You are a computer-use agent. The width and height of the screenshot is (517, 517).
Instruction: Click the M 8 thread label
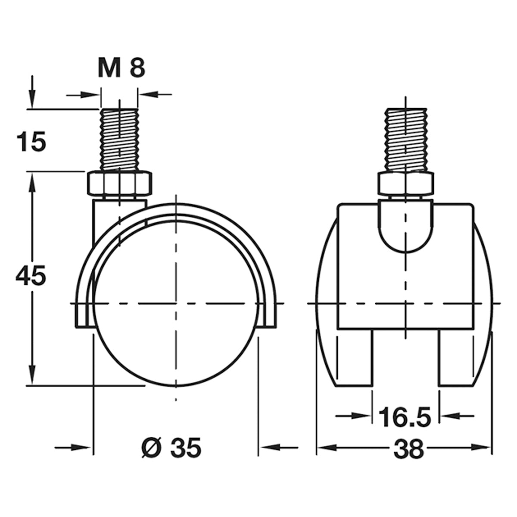click(x=121, y=69)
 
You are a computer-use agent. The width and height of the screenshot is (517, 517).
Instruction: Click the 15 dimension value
click(x=31, y=142)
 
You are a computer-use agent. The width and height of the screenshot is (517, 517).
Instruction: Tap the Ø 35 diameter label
click(x=171, y=448)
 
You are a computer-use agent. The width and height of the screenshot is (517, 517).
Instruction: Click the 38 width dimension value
click(x=408, y=450)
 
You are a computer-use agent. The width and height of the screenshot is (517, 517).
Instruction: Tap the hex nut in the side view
click(x=119, y=183)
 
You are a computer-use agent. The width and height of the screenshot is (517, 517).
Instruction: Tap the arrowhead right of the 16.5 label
click(x=448, y=416)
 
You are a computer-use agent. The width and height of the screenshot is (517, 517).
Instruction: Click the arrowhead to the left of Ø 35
click(x=84, y=448)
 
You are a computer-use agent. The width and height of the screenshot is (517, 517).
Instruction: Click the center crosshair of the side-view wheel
click(x=176, y=304)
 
